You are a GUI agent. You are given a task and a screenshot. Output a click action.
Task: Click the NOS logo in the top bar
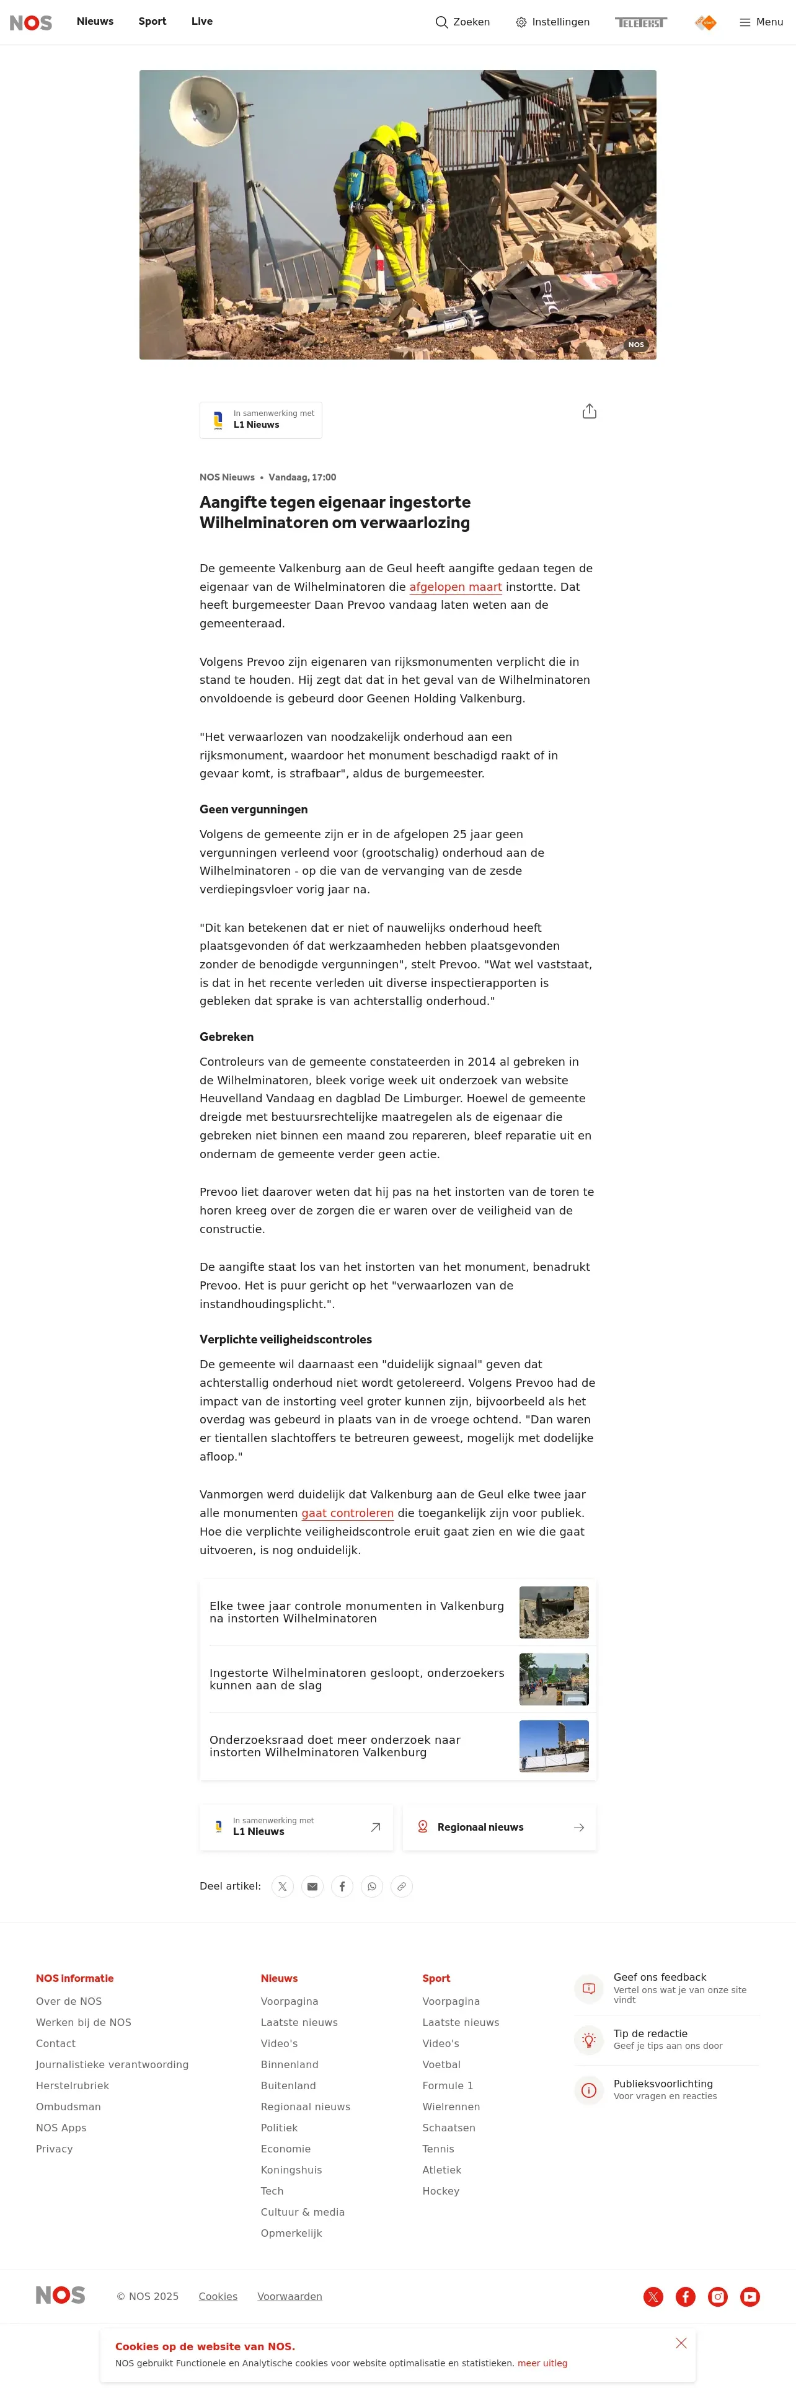[30, 22]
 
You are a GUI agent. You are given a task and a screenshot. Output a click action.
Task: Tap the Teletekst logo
[640, 22]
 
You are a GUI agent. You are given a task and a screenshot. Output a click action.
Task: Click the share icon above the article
[590, 412]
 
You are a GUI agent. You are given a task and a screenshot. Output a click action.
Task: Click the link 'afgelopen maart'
[455, 587]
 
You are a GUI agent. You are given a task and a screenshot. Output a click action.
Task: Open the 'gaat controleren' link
[348, 1513]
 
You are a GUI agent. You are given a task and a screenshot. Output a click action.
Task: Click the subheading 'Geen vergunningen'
[253, 809]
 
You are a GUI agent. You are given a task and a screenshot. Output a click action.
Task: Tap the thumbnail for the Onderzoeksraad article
[553, 1746]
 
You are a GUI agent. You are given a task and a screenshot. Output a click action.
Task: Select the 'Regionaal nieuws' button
[498, 1827]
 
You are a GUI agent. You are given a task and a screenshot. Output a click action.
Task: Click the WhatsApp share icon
[371, 1886]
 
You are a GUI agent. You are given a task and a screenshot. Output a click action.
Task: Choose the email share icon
[312, 1886]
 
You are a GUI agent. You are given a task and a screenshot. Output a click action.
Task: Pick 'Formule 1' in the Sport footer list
[448, 2086]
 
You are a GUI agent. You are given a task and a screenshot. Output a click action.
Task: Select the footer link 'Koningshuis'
[291, 2170]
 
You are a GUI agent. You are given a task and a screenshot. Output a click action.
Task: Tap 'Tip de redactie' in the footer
[650, 2034]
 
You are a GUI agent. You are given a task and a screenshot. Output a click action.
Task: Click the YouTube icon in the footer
[750, 2296]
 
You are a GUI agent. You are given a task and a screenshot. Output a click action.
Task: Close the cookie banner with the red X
[681, 2343]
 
